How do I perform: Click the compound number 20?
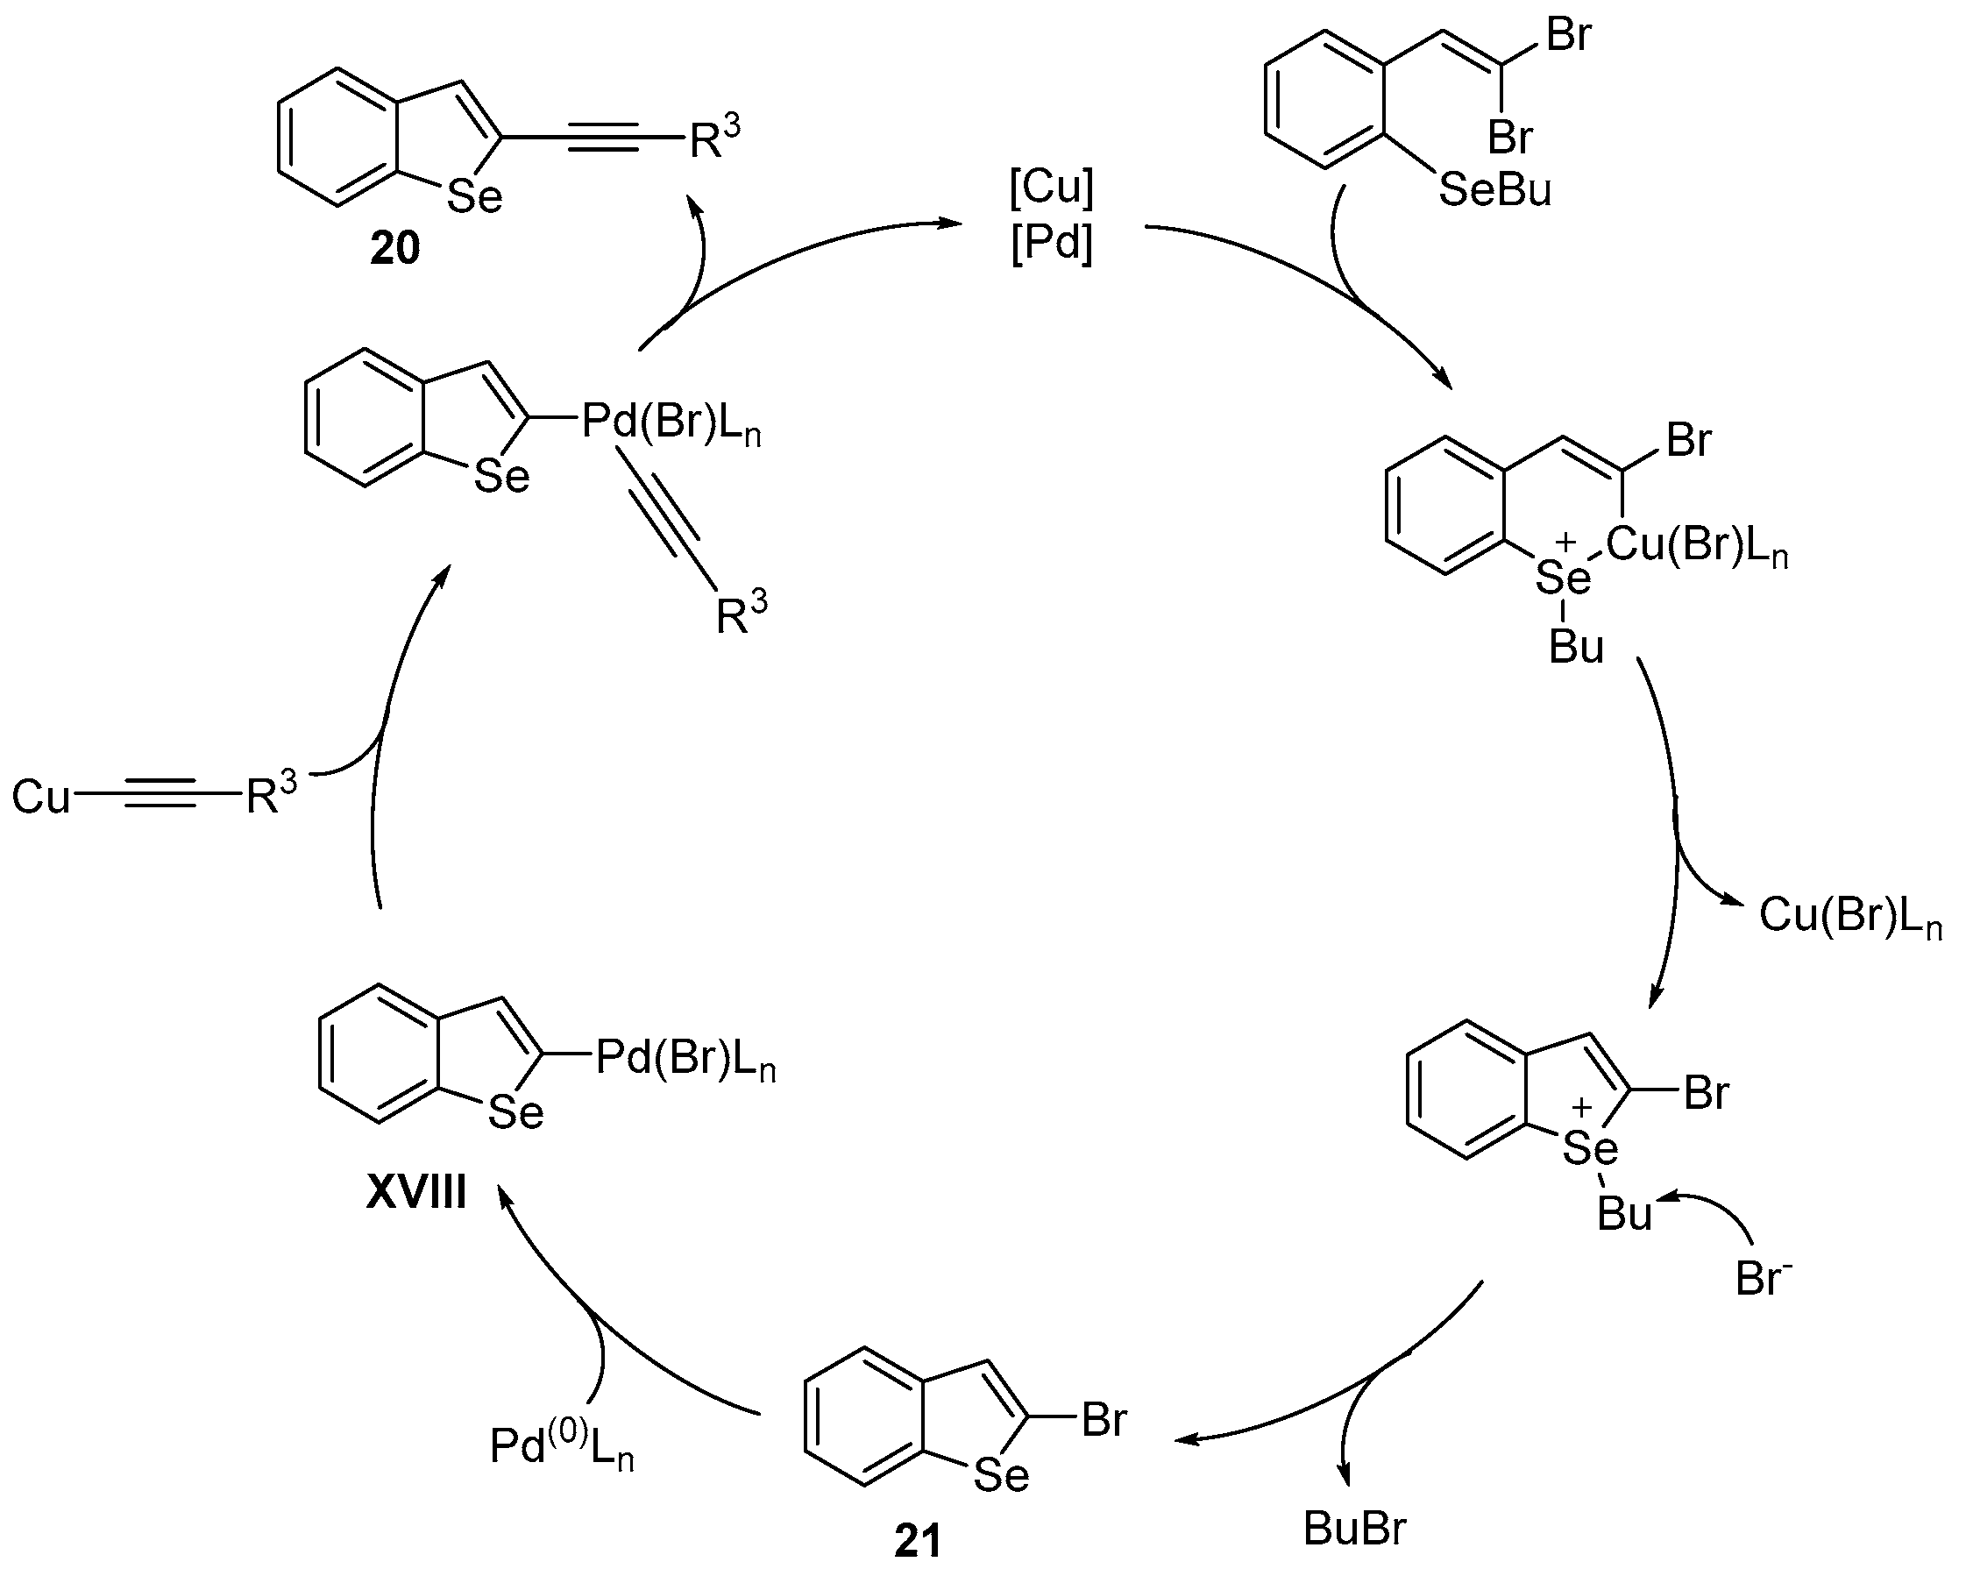(x=394, y=248)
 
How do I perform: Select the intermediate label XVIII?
(x=416, y=1192)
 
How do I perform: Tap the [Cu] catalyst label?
(x=1052, y=188)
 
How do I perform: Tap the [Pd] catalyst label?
(x=1052, y=244)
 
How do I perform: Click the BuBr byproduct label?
(x=1354, y=1529)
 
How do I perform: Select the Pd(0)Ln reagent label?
(x=561, y=1446)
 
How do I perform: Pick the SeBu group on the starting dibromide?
(x=1494, y=190)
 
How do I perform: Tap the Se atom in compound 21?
(x=1001, y=1475)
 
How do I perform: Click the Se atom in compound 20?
(x=474, y=197)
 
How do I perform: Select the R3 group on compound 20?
(x=714, y=138)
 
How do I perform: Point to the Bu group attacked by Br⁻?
(x=1624, y=1214)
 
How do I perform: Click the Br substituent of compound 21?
(x=1104, y=1420)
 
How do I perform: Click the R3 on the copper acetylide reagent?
(x=271, y=795)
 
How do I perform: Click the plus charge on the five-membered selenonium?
(x=1582, y=1107)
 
